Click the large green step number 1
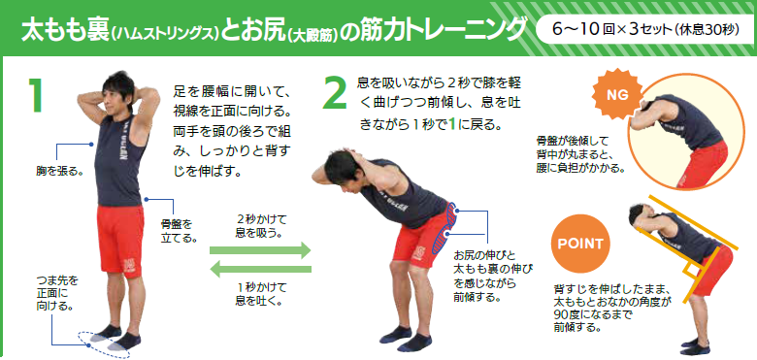pos(36,94)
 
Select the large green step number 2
pos(334,91)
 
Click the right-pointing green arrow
pos(260,250)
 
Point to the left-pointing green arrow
pos(261,269)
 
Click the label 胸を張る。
pos(58,171)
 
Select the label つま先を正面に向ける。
pos(56,293)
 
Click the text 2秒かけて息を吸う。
pos(260,226)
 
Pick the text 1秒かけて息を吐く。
pos(260,294)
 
